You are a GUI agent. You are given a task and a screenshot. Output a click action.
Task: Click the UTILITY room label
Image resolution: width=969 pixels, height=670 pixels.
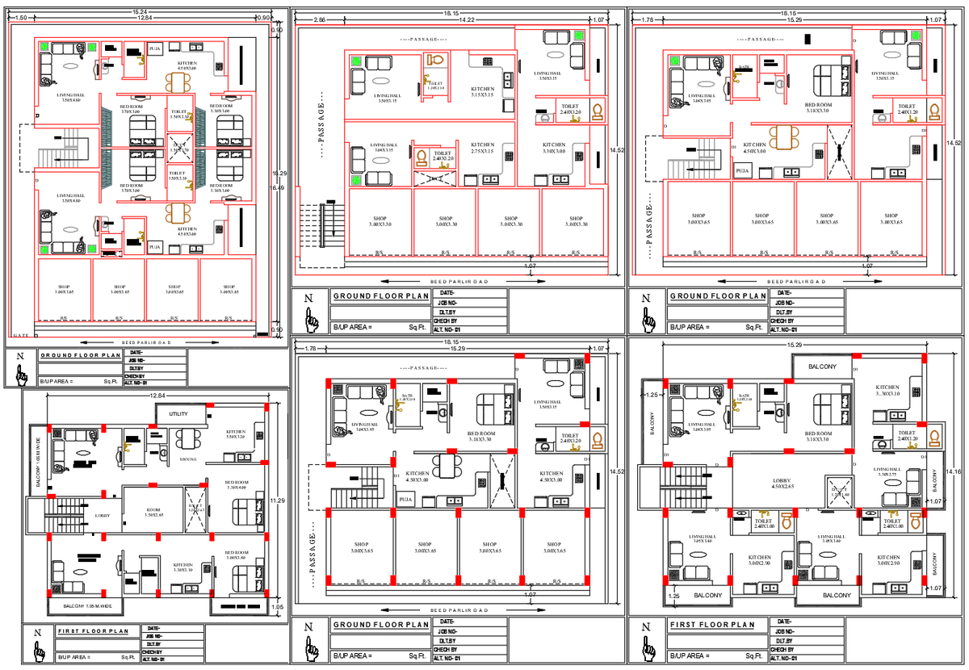click(177, 413)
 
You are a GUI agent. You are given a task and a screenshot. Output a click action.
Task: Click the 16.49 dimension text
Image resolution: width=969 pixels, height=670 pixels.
click(277, 187)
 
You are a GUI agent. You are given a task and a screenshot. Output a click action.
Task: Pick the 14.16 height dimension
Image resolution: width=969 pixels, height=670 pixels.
click(955, 472)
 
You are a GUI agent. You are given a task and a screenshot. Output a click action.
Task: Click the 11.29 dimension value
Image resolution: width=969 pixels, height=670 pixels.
click(277, 500)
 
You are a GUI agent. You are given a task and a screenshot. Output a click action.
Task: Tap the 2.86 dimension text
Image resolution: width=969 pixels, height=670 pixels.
click(320, 19)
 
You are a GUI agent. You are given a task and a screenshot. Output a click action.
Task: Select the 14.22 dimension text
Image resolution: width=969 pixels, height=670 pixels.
click(467, 19)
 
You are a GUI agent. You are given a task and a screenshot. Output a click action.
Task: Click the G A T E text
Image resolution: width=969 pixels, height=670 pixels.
click(22, 335)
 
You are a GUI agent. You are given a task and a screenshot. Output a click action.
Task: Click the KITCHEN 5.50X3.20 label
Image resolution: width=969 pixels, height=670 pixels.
click(236, 434)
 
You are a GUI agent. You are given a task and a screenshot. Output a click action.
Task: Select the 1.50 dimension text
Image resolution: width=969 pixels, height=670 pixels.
click(21, 17)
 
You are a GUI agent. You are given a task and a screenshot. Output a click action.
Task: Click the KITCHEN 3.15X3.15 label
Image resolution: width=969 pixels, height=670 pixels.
click(483, 92)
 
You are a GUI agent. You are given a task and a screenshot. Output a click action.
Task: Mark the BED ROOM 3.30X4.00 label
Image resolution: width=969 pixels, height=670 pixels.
click(236, 485)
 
